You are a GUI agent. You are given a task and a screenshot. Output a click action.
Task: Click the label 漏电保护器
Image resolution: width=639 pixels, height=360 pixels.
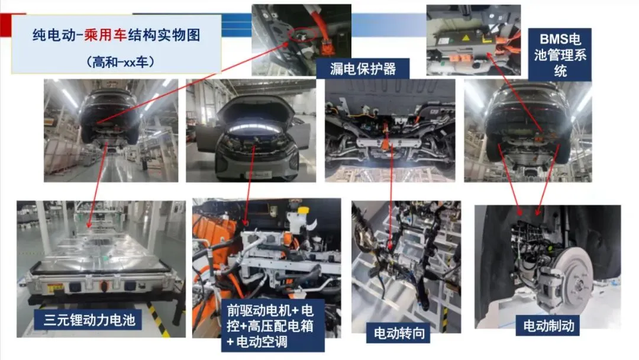pyautogui.click(x=362, y=69)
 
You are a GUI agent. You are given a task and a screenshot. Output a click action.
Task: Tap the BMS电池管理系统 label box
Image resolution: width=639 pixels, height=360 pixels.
pyautogui.click(x=560, y=55)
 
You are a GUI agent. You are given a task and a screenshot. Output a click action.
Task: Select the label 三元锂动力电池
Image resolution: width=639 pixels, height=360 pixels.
pyautogui.click(x=89, y=320)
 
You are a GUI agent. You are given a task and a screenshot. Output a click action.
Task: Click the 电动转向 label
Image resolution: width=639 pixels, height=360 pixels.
pyautogui.click(x=399, y=333)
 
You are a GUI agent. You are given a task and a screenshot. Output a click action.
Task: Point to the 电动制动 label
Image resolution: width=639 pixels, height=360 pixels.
pyautogui.click(x=548, y=326)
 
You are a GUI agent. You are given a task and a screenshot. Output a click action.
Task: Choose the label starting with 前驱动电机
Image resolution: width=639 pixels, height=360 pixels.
pyautogui.click(x=272, y=326)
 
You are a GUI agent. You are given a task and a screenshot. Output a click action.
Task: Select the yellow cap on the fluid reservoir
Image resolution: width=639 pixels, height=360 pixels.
pyautogui.click(x=303, y=210)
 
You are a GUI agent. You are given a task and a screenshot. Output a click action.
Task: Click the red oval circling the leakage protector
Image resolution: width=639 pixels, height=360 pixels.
pyautogui.click(x=302, y=35)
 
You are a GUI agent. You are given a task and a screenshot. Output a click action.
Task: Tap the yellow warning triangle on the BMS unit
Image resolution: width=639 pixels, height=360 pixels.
pyautogui.click(x=466, y=38)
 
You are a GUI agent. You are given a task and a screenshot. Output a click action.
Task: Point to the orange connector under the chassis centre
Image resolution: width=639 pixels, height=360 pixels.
pyautogui.click(x=386, y=143)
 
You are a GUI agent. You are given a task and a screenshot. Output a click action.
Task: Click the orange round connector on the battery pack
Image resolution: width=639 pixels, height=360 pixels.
pyautogui.click(x=104, y=286)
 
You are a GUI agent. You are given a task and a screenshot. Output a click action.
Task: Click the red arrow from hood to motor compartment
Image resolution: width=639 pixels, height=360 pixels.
pyautogui.click(x=250, y=184)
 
